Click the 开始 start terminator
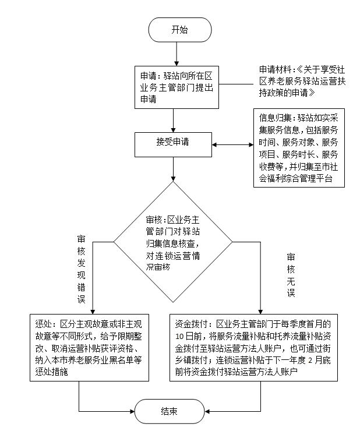click(179, 30)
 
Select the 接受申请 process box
click(172, 142)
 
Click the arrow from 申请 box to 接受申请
click(173, 120)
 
